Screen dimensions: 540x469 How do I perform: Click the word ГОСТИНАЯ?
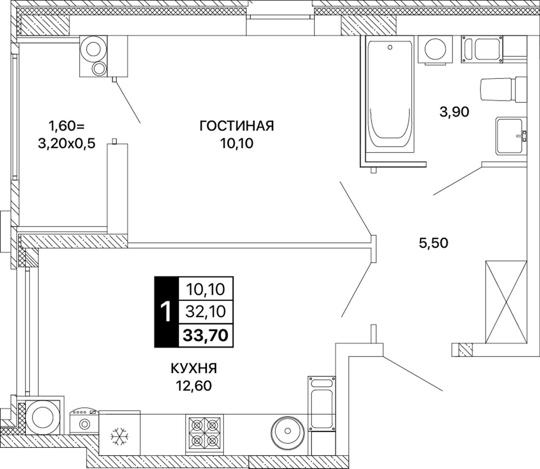point(237,126)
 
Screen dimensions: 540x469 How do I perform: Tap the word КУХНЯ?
point(194,368)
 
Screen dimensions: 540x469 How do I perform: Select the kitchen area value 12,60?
point(194,386)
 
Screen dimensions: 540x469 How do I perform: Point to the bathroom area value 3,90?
point(454,112)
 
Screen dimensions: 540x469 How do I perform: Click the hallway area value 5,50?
point(434,243)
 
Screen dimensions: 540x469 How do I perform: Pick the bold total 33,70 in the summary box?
point(206,335)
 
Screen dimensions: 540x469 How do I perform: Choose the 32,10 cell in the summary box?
point(206,312)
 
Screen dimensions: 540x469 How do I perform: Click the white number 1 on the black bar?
point(167,312)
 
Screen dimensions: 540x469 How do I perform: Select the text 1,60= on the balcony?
point(67,126)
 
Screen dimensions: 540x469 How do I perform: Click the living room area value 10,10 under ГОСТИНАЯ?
point(237,144)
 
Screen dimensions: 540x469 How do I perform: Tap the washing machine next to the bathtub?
point(435,50)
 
